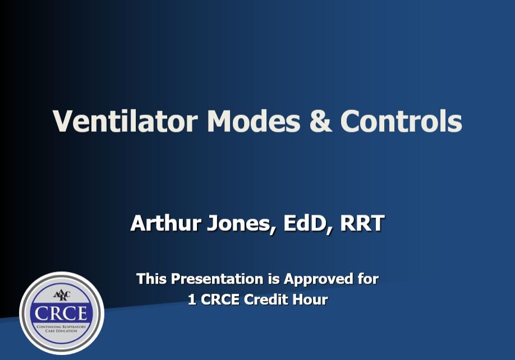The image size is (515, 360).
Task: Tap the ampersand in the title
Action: [x=320, y=121]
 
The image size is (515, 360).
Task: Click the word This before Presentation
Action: [x=151, y=278]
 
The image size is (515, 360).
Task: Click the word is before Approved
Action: [x=274, y=278]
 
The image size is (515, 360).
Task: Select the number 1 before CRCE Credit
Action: [x=192, y=299]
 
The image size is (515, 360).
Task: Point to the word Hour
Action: [x=312, y=299]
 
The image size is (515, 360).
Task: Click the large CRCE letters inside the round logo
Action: [x=62, y=312]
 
